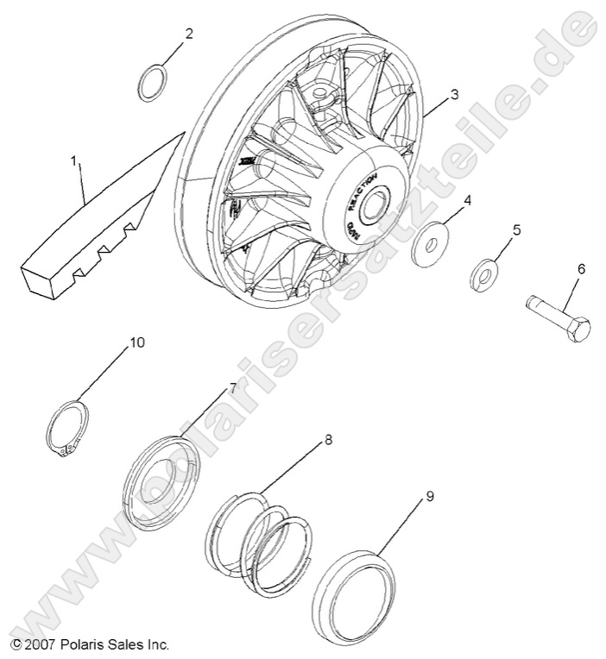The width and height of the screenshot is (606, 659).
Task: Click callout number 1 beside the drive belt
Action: point(74,160)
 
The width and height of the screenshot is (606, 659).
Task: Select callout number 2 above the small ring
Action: point(188,35)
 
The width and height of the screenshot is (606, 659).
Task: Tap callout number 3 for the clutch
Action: point(454,93)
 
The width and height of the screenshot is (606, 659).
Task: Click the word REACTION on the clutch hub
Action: point(363,191)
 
